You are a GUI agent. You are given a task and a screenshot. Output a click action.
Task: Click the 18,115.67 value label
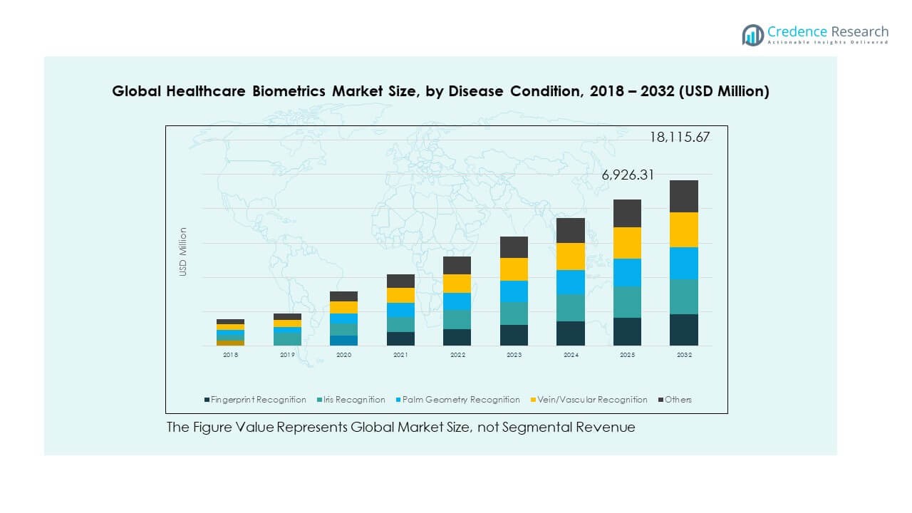pos(679,138)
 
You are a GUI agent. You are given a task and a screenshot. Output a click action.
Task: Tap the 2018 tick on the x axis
pos(230,354)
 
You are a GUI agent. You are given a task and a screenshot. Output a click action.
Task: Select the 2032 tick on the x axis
pos(683,354)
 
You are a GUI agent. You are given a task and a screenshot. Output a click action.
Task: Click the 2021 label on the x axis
pos(400,354)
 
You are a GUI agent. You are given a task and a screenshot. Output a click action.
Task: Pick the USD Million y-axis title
pos(183,252)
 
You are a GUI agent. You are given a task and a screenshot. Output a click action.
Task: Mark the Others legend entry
pos(678,400)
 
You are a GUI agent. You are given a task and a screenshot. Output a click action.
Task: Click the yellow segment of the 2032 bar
pos(683,229)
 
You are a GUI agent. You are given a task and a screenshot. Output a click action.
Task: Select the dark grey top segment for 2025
pos(627,213)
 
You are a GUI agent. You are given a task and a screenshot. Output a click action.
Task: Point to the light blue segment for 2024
pos(570,282)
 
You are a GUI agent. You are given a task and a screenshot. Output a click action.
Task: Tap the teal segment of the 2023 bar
pos(514,313)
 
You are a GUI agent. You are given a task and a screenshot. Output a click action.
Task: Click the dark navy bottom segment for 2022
pos(457,337)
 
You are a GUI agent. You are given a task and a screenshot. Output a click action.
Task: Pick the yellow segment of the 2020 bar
pos(343,307)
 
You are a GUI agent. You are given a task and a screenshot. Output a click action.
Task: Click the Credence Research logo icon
pos(752,35)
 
